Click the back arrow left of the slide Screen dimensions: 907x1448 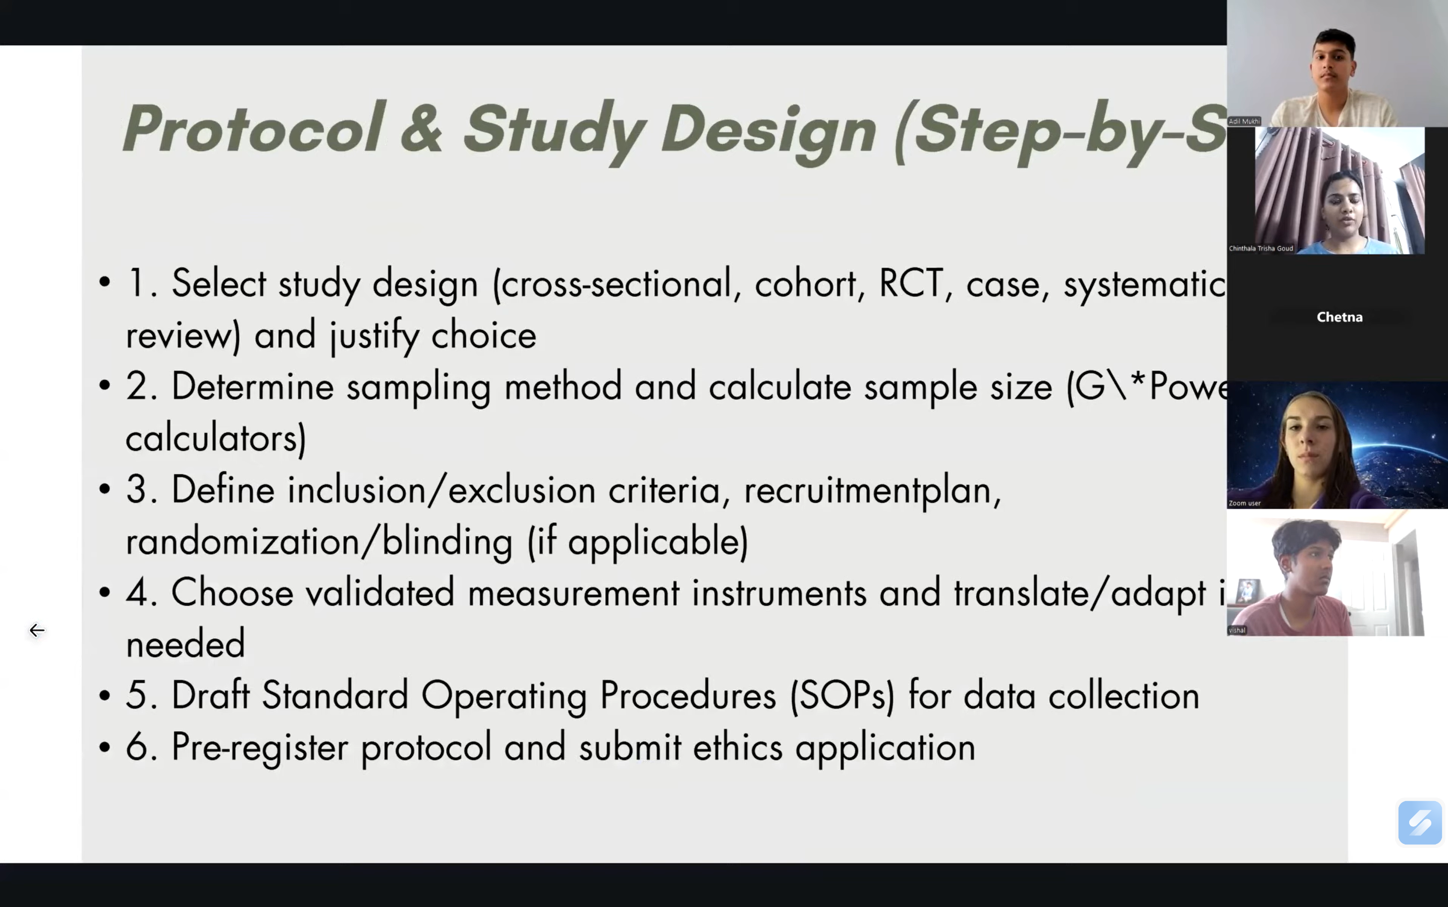pyautogui.click(x=37, y=631)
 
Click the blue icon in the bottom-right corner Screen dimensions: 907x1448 pyautogui.click(x=1419, y=822)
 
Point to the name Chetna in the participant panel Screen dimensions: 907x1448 pyautogui.click(x=1339, y=317)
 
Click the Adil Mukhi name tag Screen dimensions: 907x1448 pyautogui.click(x=1244, y=121)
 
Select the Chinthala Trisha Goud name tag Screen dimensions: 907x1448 pyautogui.click(x=1260, y=248)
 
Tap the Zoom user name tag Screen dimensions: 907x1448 pyautogui.click(x=1244, y=503)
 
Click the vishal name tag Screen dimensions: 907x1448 pyautogui.click(x=1237, y=631)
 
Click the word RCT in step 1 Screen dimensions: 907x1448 pyautogui.click(x=910, y=283)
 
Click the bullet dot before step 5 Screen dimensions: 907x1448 pyautogui.click(x=105, y=696)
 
